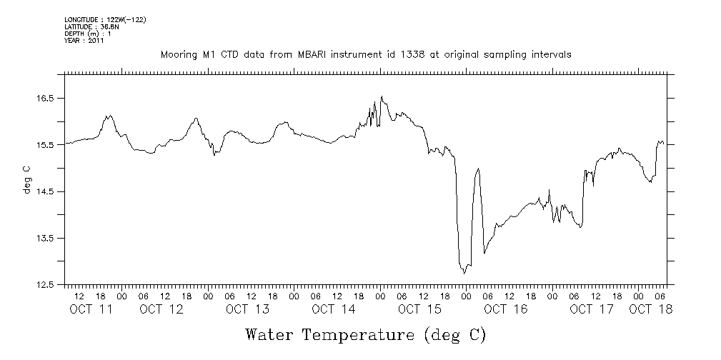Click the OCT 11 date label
click(x=90, y=309)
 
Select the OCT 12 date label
click(x=161, y=309)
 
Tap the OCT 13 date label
click(x=247, y=309)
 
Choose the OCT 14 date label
click(x=333, y=309)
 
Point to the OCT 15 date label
click(x=419, y=309)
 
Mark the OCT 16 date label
click(x=505, y=309)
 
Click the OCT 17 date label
click(x=591, y=309)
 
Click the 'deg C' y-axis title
click(x=27, y=179)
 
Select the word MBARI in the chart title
click(x=330, y=54)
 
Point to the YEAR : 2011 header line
click(x=85, y=41)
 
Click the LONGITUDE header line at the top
click(x=105, y=19)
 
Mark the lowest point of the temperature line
click(x=464, y=274)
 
